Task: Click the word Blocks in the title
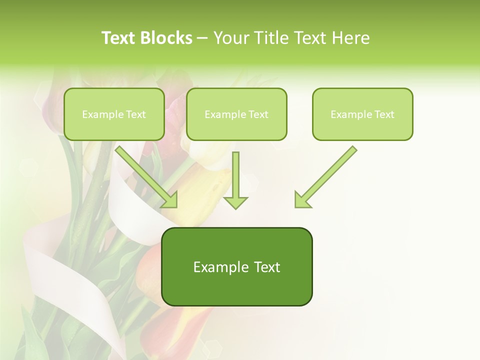[x=167, y=38]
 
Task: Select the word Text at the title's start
[x=118, y=38]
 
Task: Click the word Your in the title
[x=230, y=38]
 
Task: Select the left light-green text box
[x=114, y=114]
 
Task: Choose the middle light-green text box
[x=236, y=114]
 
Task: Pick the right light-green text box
[x=362, y=114]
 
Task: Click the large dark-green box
[x=236, y=266]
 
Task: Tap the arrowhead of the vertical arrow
[x=235, y=202]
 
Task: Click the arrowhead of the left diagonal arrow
[x=170, y=200]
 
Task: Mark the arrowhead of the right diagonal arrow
[x=301, y=200]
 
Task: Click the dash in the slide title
[x=202, y=38]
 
